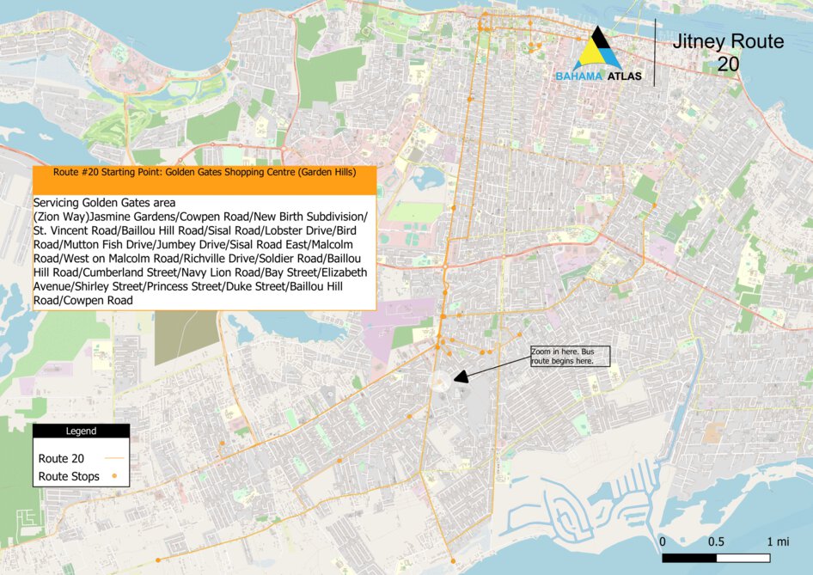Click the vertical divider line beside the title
(655, 52)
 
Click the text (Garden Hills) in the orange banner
(322, 173)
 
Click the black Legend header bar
(82, 431)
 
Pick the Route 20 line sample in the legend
(108, 458)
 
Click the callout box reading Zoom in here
(569, 357)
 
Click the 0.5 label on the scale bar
(716, 541)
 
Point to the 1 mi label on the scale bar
(777, 541)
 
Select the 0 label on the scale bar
(663, 541)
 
